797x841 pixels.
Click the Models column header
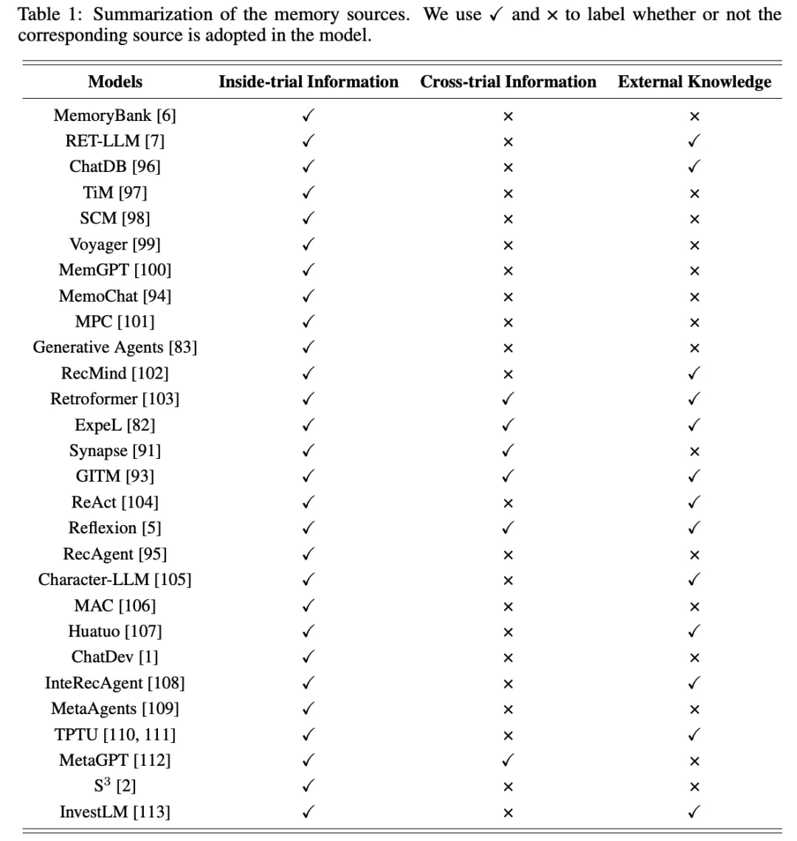(x=115, y=82)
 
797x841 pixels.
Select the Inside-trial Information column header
(x=308, y=82)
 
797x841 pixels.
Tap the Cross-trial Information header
(x=508, y=82)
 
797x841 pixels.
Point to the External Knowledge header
(x=694, y=82)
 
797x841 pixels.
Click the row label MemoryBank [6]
(x=115, y=115)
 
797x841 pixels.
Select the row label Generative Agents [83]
(x=115, y=347)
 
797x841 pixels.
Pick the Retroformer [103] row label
(x=115, y=399)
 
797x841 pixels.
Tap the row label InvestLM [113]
(x=115, y=812)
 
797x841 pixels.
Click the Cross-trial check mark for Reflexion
(x=508, y=528)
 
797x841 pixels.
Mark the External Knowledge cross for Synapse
(x=694, y=451)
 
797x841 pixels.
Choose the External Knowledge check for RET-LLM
(x=694, y=141)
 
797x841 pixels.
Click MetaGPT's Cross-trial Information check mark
(x=508, y=761)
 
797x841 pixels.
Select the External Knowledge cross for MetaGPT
(x=694, y=761)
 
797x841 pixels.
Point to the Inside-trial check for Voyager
(x=308, y=244)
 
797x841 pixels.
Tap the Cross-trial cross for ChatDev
(x=508, y=658)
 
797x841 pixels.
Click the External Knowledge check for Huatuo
(x=694, y=631)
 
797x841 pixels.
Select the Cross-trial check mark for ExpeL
(x=508, y=425)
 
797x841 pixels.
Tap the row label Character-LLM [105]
(x=115, y=580)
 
